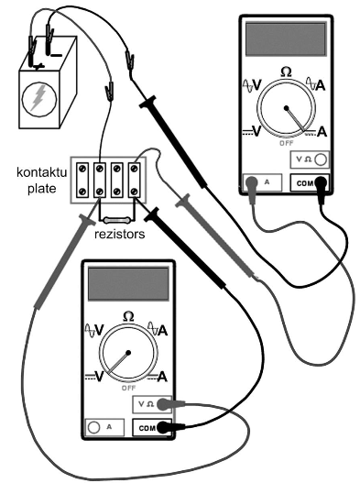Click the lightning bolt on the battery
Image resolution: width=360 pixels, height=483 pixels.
[38, 98]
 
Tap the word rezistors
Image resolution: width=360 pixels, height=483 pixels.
[119, 234]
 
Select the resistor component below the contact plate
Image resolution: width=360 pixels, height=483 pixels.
[117, 220]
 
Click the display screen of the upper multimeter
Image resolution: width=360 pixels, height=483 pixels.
[286, 39]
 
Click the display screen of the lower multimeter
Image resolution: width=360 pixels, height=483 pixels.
[128, 284]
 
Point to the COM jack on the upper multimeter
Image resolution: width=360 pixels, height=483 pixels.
[322, 182]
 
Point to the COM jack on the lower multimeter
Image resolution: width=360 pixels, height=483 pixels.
[164, 427]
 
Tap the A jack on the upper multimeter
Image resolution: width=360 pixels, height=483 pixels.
[252, 182]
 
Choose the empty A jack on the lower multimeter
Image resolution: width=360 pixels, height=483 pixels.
[94, 427]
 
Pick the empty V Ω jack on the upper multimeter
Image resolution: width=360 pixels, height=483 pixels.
[321, 159]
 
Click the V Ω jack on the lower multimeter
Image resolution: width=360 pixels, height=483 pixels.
[164, 404]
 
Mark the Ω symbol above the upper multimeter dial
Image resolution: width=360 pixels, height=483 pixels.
[286, 72]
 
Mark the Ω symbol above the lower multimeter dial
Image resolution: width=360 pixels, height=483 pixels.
[128, 317]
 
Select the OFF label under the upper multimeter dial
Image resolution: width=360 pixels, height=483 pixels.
[287, 143]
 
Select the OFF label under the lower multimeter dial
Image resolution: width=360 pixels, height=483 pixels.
[129, 388]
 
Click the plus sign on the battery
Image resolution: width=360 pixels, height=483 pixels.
[38, 66]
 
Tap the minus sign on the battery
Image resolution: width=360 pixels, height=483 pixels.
[56, 55]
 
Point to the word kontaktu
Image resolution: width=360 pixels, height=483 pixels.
[41, 172]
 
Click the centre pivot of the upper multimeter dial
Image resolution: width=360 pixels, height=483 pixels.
[287, 108]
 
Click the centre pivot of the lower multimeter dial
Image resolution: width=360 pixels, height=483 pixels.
[128, 353]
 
